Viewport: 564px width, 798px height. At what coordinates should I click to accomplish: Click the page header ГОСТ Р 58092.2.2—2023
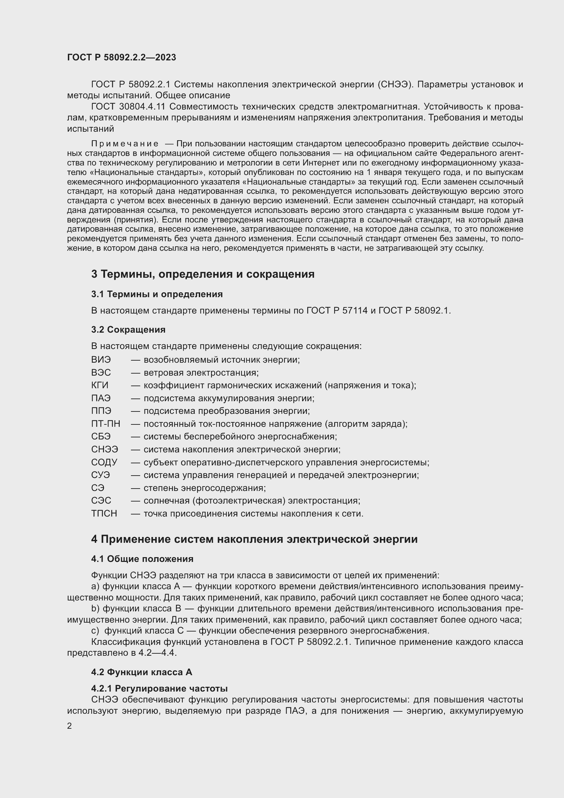(121, 57)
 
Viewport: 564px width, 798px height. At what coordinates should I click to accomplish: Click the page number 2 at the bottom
(70, 726)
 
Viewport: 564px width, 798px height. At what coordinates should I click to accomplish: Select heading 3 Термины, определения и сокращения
(203, 274)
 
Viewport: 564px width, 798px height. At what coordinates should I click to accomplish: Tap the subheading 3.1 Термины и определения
(157, 294)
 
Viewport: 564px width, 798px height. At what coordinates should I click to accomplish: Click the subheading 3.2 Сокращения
(128, 329)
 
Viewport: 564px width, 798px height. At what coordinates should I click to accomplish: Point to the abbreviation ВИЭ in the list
(101, 359)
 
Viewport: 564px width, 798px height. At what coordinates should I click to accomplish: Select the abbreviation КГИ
(100, 385)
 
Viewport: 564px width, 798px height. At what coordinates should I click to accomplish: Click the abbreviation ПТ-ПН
(106, 424)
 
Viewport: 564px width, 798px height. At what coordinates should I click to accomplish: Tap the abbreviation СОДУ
(104, 462)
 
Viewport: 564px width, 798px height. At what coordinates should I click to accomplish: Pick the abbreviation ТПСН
(104, 513)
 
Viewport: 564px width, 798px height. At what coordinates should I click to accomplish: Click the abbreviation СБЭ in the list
(101, 437)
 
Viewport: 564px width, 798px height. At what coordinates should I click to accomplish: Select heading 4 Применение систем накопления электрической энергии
(254, 539)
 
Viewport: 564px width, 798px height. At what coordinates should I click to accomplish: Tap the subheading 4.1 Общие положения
(143, 559)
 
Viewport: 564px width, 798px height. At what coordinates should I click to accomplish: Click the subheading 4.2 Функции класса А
(142, 672)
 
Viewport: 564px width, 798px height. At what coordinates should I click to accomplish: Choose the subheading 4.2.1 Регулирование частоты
(159, 688)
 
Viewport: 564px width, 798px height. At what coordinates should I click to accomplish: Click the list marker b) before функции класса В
(95, 609)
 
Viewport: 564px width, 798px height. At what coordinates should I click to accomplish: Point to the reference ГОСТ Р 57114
(337, 310)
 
